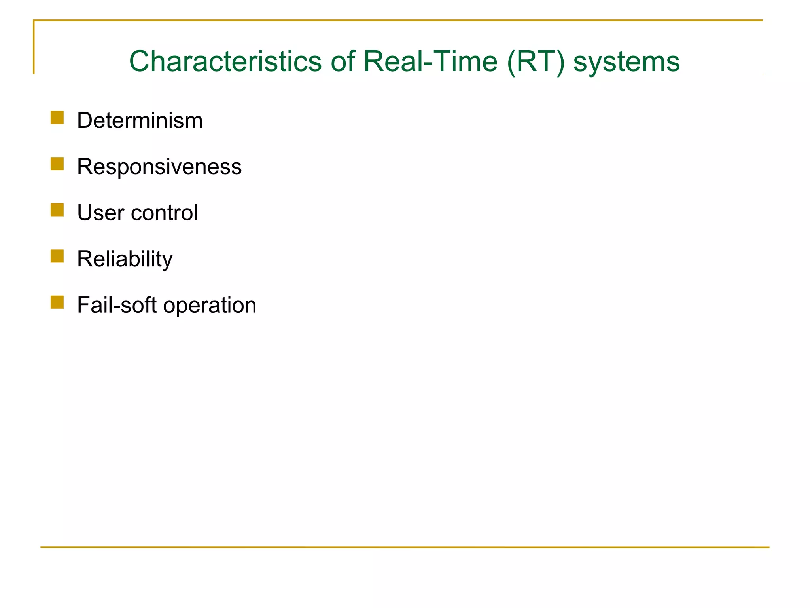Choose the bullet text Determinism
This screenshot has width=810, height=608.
pyautogui.click(x=140, y=120)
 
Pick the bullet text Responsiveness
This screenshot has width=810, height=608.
pyautogui.click(x=159, y=167)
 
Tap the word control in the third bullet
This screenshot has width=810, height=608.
pyautogui.click(x=164, y=213)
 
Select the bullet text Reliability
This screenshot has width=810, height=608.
pyautogui.click(x=125, y=259)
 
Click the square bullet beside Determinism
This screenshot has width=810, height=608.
pyautogui.click(x=57, y=118)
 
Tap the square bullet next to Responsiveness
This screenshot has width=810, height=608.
pyautogui.click(x=57, y=164)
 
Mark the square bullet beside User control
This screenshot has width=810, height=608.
pyautogui.click(x=57, y=210)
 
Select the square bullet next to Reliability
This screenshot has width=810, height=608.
pyautogui.click(x=57, y=256)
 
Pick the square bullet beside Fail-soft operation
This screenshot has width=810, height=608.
pyautogui.click(x=57, y=302)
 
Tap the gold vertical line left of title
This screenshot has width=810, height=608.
pyautogui.click(x=34, y=47)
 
